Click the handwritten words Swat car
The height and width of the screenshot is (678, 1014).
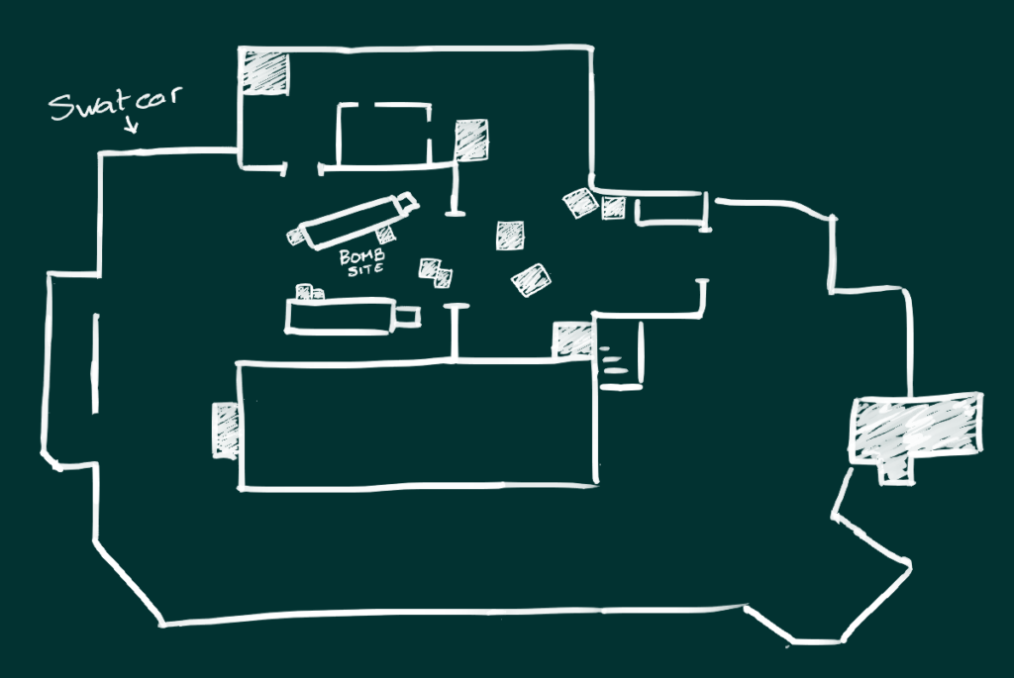tap(116, 103)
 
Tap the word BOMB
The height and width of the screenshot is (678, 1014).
tap(362, 256)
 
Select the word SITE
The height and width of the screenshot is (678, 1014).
tap(366, 269)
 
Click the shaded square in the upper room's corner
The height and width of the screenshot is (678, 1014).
tap(264, 72)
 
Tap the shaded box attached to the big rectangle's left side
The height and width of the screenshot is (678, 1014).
tap(226, 430)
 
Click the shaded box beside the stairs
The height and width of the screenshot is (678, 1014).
tap(573, 339)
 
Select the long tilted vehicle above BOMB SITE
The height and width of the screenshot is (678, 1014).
tap(354, 221)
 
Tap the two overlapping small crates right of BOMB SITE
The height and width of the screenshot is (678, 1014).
tap(436, 273)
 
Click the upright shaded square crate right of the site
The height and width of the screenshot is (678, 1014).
tap(510, 236)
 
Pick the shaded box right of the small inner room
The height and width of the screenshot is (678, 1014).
tap(471, 140)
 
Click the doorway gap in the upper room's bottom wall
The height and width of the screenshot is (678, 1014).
tap(303, 169)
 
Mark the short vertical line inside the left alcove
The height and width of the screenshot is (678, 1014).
tap(96, 363)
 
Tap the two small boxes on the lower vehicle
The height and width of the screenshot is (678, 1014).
tap(310, 292)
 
